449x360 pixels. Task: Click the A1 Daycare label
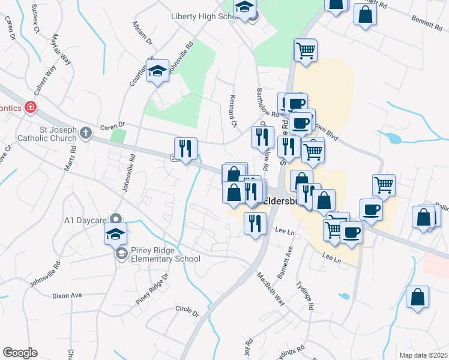(85, 220)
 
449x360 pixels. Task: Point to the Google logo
(20, 353)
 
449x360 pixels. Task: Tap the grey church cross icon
(86, 132)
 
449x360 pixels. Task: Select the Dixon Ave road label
(67, 295)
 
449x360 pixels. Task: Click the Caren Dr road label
(112, 126)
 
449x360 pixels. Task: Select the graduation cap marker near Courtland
(157, 71)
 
